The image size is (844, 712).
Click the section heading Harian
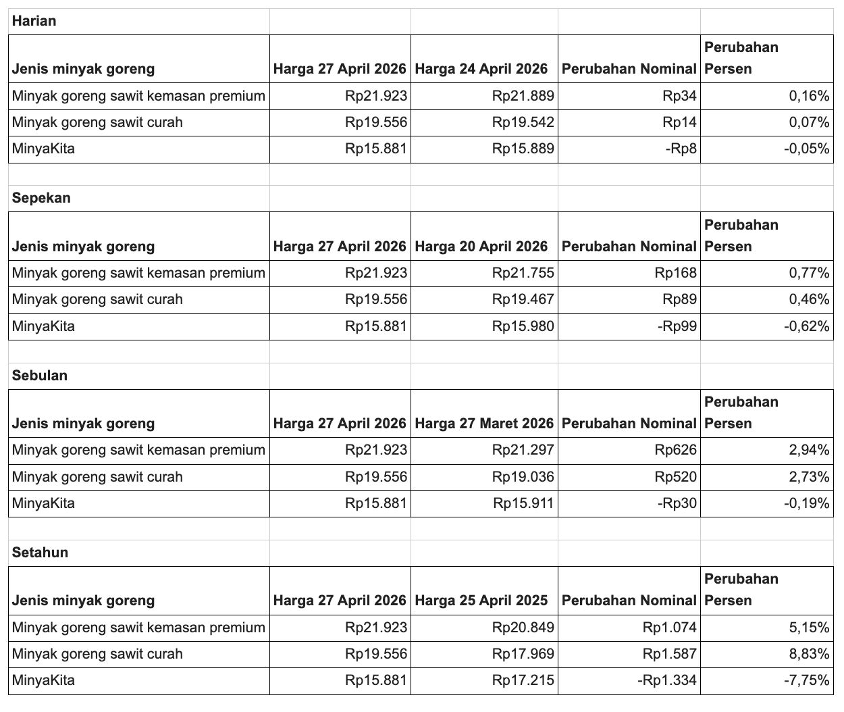tap(34, 21)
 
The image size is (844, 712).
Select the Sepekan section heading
tap(41, 198)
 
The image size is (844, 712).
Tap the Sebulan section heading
tap(40, 376)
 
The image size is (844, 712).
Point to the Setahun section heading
tap(40, 553)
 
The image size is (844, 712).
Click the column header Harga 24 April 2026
tap(481, 69)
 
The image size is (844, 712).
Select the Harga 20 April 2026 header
tap(481, 247)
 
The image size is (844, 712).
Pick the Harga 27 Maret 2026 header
tap(483, 424)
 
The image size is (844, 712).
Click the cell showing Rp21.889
tap(523, 96)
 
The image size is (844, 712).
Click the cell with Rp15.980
tap(523, 327)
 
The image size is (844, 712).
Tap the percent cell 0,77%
tap(809, 273)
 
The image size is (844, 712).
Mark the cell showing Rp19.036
tap(523, 477)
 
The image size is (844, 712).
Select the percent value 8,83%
tap(809, 654)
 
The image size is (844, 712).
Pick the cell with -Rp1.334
tap(666, 680)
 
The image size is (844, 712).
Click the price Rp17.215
tap(523, 680)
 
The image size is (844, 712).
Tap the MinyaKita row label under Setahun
tap(43, 680)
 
